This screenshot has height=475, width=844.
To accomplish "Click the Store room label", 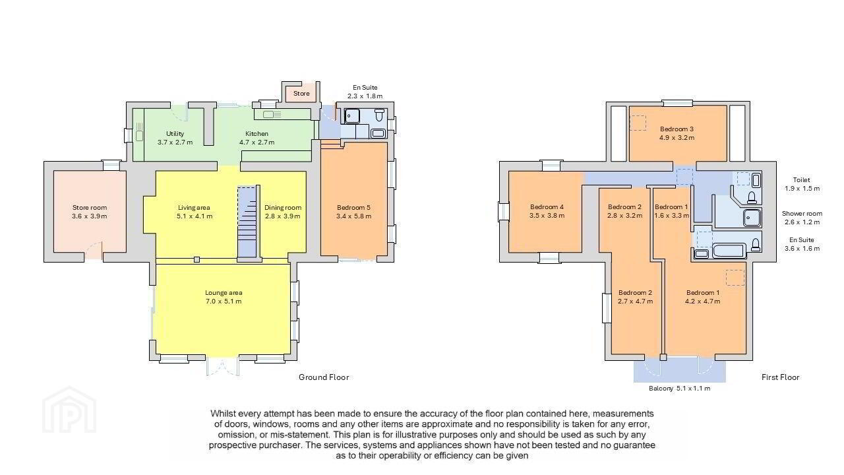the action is (x=90, y=212).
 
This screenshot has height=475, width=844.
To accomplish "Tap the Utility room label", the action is (x=175, y=138).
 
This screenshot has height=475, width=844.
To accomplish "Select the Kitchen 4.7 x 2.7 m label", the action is (x=257, y=138).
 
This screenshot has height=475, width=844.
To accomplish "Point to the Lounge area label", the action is (x=224, y=297).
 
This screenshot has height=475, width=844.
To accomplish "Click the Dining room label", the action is (x=283, y=212).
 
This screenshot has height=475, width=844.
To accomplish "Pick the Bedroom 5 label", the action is (x=354, y=212).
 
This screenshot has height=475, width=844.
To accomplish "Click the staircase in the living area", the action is (x=247, y=222).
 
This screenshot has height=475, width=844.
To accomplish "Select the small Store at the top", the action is (x=301, y=93).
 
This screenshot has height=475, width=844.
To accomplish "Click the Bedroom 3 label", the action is (x=677, y=133).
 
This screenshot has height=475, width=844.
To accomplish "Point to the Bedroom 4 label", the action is (x=547, y=211).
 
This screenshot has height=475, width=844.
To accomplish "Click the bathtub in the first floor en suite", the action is (x=729, y=250).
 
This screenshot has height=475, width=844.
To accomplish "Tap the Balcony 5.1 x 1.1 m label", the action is (x=679, y=389).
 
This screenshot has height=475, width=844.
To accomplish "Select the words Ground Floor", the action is (x=324, y=377).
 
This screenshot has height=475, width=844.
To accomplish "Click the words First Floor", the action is (x=780, y=377).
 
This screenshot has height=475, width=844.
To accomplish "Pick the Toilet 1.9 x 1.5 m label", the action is (x=802, y=184).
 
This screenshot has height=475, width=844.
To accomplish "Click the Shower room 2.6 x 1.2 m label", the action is (x=802, y=218).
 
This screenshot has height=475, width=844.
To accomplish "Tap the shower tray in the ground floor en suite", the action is (x=352, y=116).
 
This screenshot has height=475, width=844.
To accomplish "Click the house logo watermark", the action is (x=69, y=410).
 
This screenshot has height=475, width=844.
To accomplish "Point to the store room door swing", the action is (x=93, y=251).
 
